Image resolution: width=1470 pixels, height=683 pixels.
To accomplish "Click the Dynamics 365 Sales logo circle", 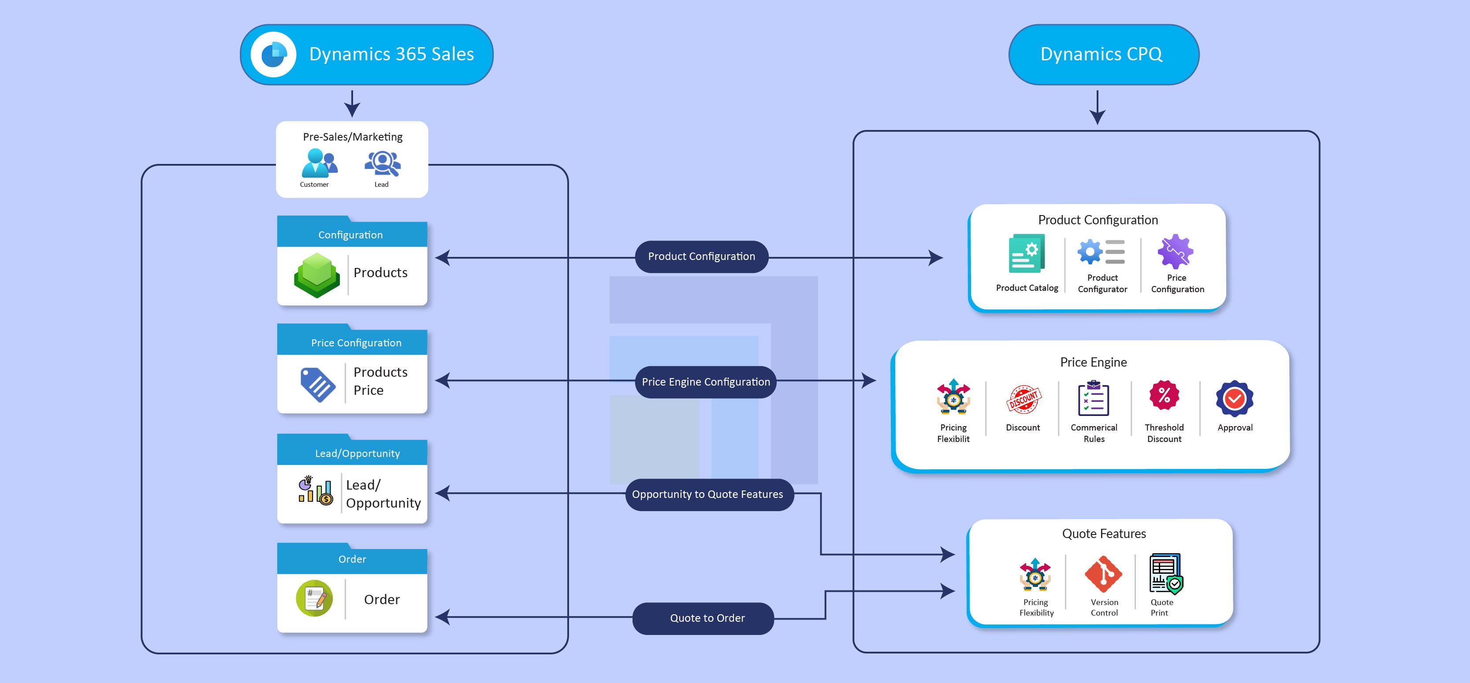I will point(273,55).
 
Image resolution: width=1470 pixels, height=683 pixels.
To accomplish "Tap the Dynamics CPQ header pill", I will point(1103,55).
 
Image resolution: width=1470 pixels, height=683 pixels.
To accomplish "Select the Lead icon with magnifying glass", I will point(382,164).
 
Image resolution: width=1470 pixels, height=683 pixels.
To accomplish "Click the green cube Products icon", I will point(317,275).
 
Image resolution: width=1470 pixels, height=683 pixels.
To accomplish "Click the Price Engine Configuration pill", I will point(705,382).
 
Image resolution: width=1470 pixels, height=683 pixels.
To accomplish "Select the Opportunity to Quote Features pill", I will point(707,494).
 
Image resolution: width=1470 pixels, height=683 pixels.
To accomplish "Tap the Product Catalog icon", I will point(1027,253).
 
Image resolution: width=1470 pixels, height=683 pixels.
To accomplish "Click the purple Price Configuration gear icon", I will point(1175,251).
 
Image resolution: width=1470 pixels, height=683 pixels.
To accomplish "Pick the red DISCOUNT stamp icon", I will point(1023,399).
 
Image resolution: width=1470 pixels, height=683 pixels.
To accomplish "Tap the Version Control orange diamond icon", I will point(1103,574).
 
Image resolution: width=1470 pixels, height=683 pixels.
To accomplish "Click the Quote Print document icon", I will point(1165,573).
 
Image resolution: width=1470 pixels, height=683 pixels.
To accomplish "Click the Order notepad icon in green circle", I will point(314,598).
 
